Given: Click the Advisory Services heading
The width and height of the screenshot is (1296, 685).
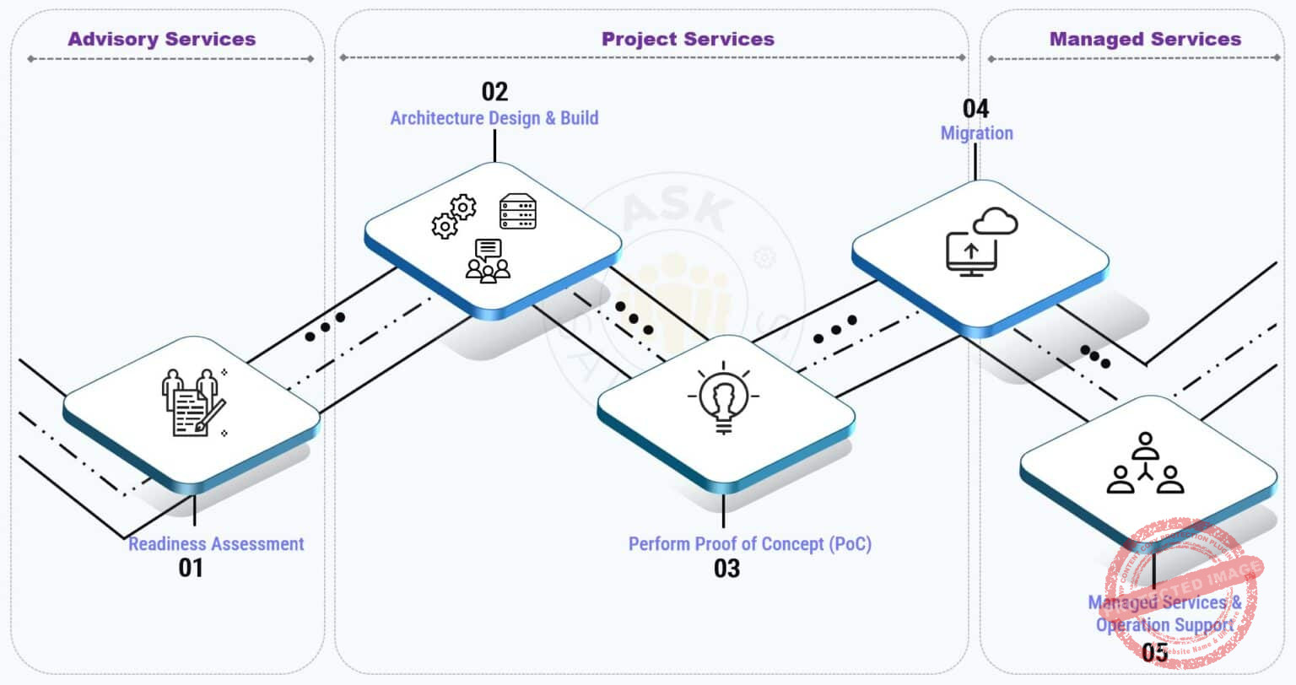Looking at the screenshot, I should click(x=161, y=39).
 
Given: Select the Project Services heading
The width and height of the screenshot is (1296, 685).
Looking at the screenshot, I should click(x=687, y=39).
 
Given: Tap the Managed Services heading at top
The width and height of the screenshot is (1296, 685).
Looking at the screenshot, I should click(x=1144, y=39).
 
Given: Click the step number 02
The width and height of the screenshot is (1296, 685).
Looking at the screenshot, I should click(x=494, y=91).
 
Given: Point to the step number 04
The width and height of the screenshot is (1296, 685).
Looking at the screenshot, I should click(x=975, y=108).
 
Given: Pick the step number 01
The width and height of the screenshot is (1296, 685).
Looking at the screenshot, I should click(x=191, y=568).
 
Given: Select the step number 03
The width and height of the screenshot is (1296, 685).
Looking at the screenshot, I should click(x=726, y=568).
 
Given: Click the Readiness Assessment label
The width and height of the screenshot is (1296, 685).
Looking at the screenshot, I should click(x=216, y=544).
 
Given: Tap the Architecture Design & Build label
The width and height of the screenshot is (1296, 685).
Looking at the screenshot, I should click(x=494, y=118).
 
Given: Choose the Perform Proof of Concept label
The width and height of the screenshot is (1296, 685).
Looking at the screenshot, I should click(x=749, y=544).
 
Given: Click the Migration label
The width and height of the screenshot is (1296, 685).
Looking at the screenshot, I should click(x=976, y=133).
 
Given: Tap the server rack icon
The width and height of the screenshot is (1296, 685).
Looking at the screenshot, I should click(x=517, y=212).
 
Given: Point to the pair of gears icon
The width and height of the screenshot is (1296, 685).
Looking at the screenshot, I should click(x=454, y=217).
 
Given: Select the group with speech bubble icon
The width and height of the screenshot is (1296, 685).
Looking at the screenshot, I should click(x=488, y=261).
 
